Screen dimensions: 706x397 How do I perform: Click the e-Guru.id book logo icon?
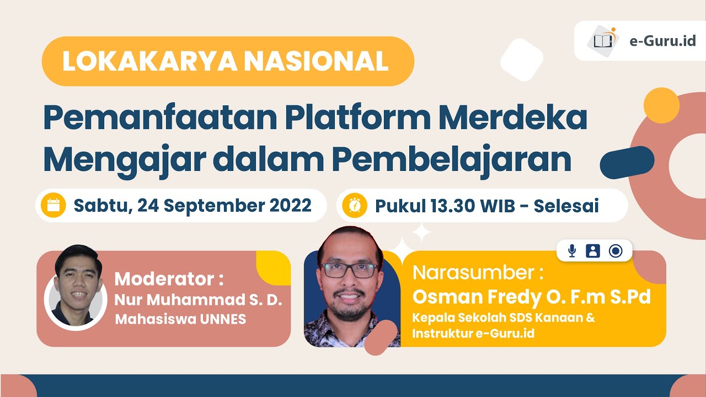coord(603,40)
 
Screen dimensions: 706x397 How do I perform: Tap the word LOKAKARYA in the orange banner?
coord(150,61)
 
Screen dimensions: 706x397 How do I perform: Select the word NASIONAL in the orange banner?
coord(316,61)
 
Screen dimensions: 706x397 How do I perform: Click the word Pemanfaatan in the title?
coord(161,117)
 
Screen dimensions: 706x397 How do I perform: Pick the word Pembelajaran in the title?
coord(452,160)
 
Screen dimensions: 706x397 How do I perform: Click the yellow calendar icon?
coord(54,205)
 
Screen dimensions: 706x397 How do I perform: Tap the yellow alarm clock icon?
coord(355,206)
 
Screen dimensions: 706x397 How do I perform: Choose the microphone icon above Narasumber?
coord(572,251)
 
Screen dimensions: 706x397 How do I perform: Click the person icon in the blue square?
coord(593,251)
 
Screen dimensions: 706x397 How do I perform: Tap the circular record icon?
coord(616,251)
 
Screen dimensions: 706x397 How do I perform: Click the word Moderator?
coord(164,279)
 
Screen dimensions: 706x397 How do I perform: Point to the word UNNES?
coord(223,319)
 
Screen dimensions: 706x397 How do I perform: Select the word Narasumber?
coord(473,272)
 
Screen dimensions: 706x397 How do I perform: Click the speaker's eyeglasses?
coord(350,270)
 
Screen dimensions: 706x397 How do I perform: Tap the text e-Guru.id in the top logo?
coord(662,41)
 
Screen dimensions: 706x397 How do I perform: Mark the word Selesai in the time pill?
coord(566,206)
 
